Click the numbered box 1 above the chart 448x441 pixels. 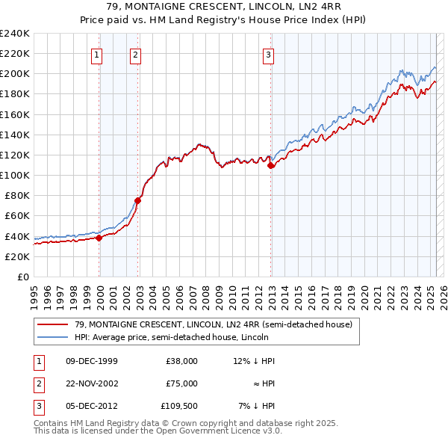98,54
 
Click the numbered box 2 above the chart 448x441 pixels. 135,54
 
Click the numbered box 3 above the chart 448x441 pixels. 268,54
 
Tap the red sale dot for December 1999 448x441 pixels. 99,238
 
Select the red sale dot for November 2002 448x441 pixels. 138,200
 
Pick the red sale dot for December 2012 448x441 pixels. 271,166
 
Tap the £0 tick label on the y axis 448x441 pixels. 22,277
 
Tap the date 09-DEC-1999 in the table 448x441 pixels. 92,361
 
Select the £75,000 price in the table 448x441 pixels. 181,383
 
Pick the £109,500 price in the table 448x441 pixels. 179,406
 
